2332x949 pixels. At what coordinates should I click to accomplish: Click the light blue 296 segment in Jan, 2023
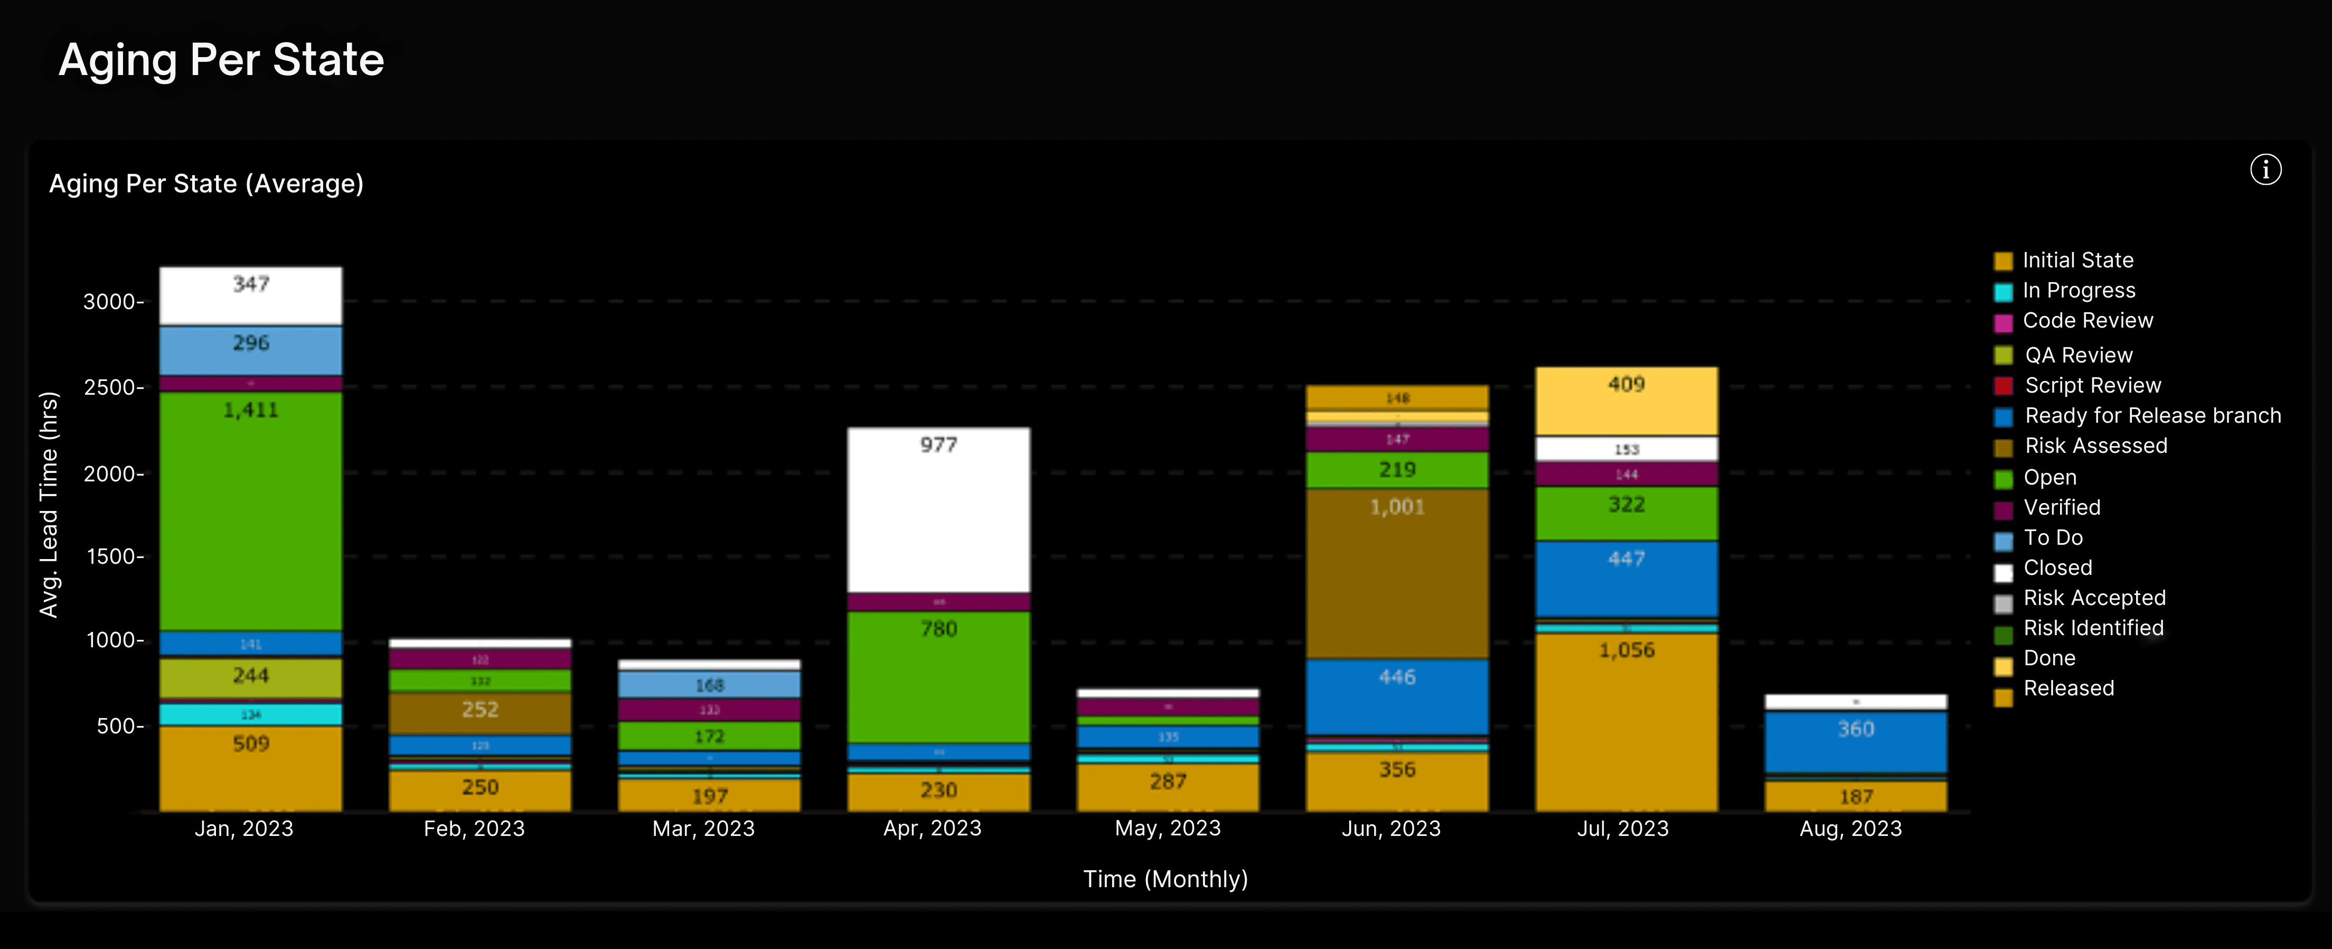coord(251,350)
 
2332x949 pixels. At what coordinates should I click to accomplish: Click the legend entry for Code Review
coord(2086,321)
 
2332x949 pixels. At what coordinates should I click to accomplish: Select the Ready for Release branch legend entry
coord(2152,416)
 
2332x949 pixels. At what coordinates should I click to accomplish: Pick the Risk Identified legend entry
coord(2092,628)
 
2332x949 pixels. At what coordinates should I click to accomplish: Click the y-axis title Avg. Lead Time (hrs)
coord(49,505)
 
